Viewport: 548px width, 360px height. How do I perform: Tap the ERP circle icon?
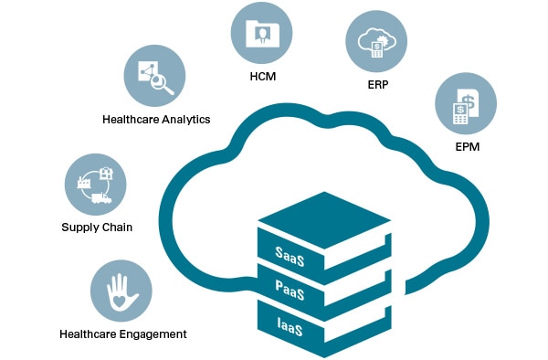(x=376, y=41)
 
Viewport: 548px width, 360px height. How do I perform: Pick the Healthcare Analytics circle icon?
(x=154, y=77)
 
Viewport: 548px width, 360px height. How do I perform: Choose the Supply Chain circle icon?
(x=96, y=184)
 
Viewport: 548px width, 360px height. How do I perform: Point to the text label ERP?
(x=376, y=85)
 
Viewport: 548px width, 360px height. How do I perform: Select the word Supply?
(x=79, y=228)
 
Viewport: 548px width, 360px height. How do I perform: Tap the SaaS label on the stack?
(x=290, y=252)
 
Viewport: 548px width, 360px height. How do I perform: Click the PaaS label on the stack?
(x=290, y=289)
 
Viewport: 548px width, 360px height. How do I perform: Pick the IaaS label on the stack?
(x=289, y=325)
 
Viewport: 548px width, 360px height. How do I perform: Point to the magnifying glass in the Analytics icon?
(x=164, y=84)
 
